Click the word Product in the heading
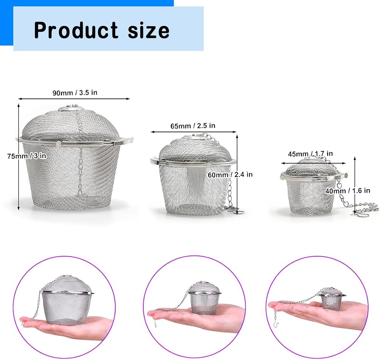76,30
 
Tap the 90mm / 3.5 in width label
75,93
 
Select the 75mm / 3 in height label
27,156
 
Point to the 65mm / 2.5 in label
193,126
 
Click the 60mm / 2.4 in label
230,174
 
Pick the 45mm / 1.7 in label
310,153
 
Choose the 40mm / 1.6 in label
348,191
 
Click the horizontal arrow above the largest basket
74,99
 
